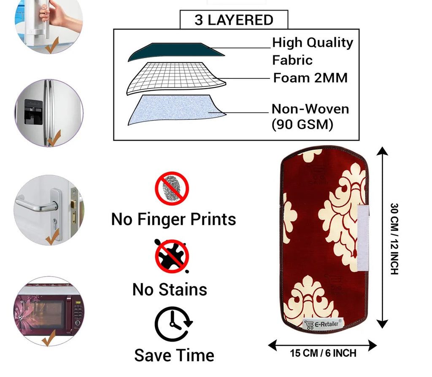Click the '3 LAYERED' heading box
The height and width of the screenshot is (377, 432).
pyautogui.click(x=234, y=20)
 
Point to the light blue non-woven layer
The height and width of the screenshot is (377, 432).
pyautogui.click(x=175, y=110)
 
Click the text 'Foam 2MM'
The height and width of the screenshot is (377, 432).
pyautogui.click(x=310, y=78)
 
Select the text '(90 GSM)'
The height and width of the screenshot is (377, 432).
pyautogui.click(x=302, y=125)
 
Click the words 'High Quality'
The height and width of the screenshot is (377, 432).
pyautogui.click(x=312, y=43)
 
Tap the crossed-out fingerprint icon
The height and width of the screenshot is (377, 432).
pyautogui.click(x=171, y=188)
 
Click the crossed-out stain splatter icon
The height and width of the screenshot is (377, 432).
pyautogui.click(x=171, y=256)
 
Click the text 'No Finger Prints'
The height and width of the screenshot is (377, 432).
pyautogui.click(x=173, y=219)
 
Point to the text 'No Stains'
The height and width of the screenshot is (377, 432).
pyautogui.click(x=170, y=289)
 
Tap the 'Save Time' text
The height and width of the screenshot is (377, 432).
pyautogui.click(x=174, y=355)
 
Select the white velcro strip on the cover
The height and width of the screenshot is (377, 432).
pyautogui.click(x=363, y=238)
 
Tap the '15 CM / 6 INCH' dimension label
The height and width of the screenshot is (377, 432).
pyautogui.click(x=323, y=353)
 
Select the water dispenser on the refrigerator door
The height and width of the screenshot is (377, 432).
pyautogui.click(x=32, y=112)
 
